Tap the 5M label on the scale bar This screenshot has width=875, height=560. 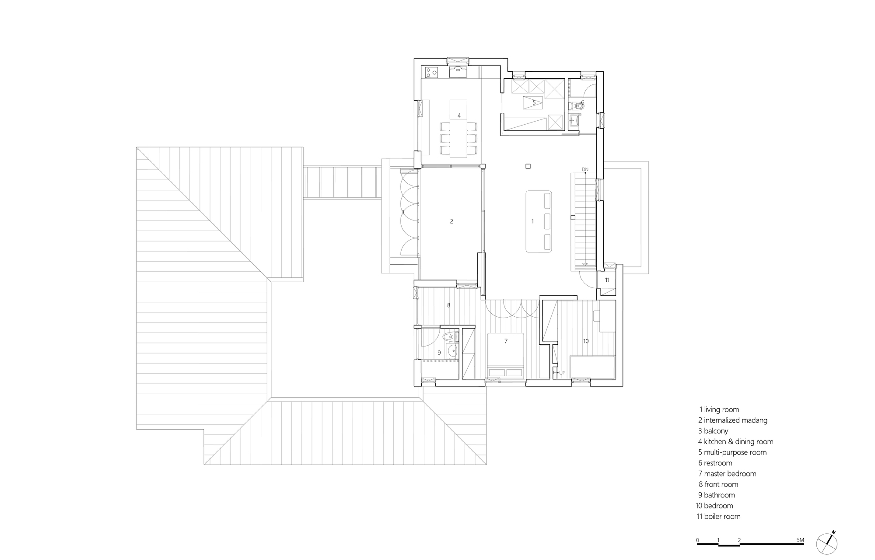pos(800,540)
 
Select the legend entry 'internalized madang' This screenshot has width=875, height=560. pos(733,420)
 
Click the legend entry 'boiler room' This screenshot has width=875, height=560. pos(719,516)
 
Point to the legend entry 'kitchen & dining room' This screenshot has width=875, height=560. pos(735,441)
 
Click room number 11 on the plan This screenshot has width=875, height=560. pos(607,280)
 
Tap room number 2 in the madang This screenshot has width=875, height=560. pos(451,221)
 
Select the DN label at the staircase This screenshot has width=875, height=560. pos(585,169)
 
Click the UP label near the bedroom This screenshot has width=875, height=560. pos(562,373)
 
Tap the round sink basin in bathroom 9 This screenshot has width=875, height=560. pos(451,350)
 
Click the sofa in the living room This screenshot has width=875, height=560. pos(539,221)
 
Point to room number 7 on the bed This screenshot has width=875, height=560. pos(506,341)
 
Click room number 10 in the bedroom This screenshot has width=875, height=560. pos(586,341)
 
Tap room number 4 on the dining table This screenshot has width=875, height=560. pos(459,115)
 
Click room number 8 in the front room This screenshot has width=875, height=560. pos(448,305)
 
